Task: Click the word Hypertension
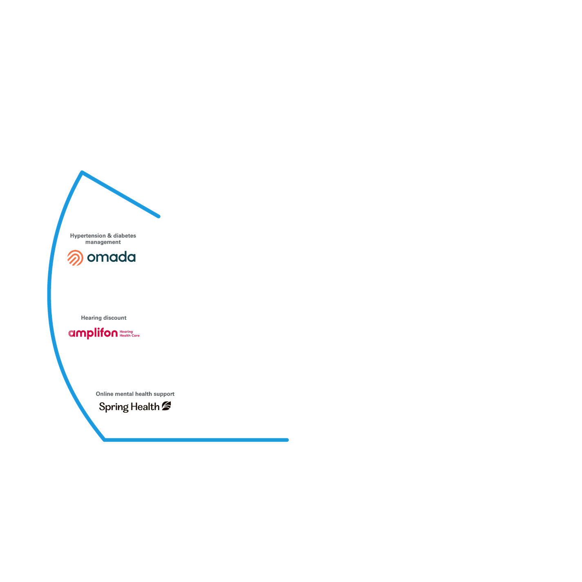click(x=88, y=236)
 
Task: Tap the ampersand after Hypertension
click(x=109, y=236)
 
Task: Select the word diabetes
click(x=125, y=236)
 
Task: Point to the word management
click(x=103, y=242)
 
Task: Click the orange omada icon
click(x=75, y=258)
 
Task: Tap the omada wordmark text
click(x=111, y=257)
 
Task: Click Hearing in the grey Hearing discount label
click(x=91, y=318)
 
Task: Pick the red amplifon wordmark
click(x=93, y=333)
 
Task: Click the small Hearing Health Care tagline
click(x=129, y=334)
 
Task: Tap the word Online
click(x=104, y=394)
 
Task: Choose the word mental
click(x=124, y=394)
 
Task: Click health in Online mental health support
click(x=143, y=394)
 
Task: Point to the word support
click(x=164, y=394)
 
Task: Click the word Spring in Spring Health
click(x=114, y=407)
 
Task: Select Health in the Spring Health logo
click(x=145, y=406)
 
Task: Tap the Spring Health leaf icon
click(x=166, y=406)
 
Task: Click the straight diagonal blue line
click(x=121, y=194)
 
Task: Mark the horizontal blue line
click(x=196, y=440)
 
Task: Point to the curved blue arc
click(x=49, y=294)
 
